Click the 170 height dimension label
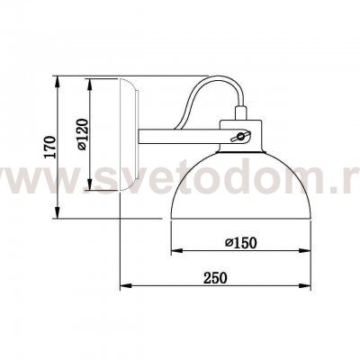49,145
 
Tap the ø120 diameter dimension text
80,135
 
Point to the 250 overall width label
213,278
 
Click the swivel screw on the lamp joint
238,136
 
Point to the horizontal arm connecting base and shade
180,136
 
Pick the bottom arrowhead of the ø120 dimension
89,188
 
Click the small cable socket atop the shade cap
240,114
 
